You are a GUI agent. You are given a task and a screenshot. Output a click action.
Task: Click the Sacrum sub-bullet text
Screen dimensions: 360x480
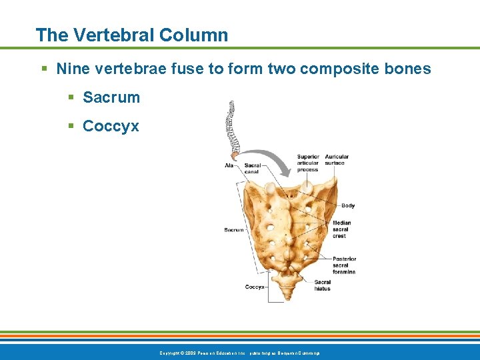point(111,97)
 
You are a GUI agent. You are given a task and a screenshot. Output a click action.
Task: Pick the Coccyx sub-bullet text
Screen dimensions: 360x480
point(111,126)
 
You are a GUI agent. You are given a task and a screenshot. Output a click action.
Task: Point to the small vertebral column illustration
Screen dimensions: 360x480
point(232,127)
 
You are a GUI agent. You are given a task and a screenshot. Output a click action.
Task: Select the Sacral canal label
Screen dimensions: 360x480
point(252,168)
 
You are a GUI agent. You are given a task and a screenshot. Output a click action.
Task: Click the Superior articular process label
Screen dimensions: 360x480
point(307,163)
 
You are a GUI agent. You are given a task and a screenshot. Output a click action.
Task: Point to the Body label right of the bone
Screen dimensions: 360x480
point(348,205)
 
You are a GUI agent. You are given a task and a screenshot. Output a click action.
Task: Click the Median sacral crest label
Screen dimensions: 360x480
point(341,229)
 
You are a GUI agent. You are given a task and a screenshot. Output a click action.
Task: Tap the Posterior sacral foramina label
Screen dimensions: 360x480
point(344,265)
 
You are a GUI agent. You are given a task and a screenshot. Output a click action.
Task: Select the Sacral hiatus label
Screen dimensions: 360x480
point(322,285)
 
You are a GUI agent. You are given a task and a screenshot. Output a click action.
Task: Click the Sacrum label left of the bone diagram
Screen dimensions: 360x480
point(234,230)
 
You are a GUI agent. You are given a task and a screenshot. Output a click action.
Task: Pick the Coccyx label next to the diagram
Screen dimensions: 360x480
point(255,287)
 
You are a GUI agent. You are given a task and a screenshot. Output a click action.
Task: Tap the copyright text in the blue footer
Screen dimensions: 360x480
point(240,352)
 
